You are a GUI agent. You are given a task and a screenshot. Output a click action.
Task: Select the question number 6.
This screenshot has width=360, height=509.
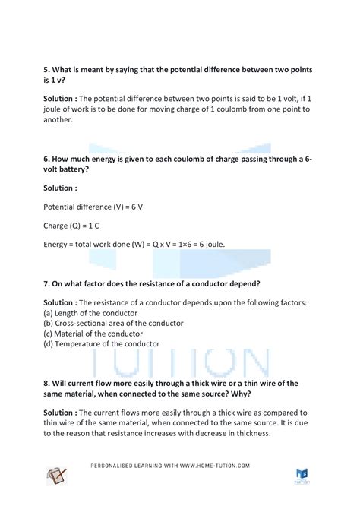pyautogui.click(x=46, y=157)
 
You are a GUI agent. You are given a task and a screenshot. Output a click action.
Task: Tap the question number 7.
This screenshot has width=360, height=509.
pyautogui.click(x=46, y=284)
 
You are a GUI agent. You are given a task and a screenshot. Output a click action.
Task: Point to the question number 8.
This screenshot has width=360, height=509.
pyautogui.click(x=46, y=384)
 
